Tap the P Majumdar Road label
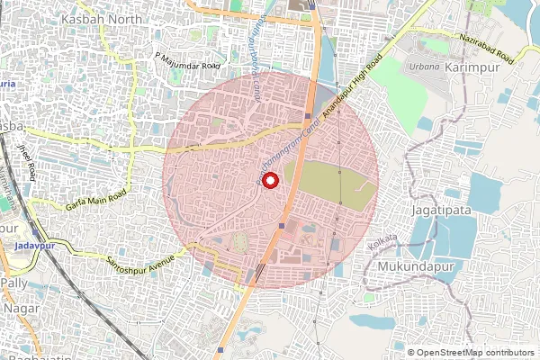188,61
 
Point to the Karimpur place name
473,67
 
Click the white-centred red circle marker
269,181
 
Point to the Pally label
13,282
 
